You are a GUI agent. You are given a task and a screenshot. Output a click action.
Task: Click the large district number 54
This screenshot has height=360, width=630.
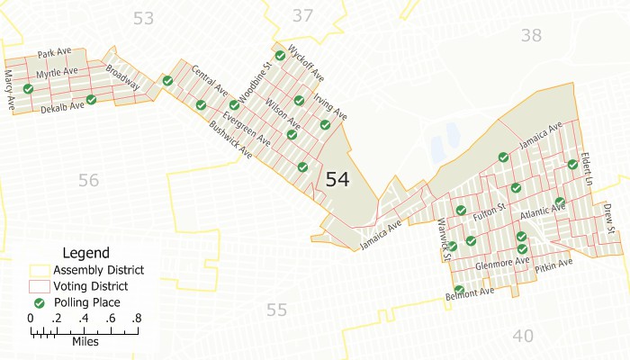coord(337,179)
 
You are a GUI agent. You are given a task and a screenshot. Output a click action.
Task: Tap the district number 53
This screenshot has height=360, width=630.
coord(143,17)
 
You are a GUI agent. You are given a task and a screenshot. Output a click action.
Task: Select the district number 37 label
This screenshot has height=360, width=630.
coord(303,14)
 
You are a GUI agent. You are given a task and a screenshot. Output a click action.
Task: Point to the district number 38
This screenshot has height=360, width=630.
coord(531,35)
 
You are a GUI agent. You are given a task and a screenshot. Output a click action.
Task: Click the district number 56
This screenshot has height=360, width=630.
coord(88,180)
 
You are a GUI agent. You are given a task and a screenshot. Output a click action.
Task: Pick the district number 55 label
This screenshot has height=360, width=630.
coord(276,310)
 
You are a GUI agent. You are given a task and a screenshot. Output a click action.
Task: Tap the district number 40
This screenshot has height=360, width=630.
coord(522,336)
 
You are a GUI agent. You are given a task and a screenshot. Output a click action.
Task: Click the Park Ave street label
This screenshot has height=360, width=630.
coord(53,54)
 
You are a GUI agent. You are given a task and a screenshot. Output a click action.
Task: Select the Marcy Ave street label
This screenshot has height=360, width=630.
coord(10,91)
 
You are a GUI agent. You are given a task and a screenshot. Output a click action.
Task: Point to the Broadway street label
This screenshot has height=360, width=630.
coord(122,76)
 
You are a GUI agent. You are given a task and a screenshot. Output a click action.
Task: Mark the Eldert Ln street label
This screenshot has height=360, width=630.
coord(589,168)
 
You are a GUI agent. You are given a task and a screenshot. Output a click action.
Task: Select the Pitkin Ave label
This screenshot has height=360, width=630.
coord(553,266)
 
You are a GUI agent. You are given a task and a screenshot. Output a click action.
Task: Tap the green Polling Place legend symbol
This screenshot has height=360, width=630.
coord(40,302)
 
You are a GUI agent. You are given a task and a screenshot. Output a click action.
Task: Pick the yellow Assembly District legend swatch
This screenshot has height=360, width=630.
coord(40,270)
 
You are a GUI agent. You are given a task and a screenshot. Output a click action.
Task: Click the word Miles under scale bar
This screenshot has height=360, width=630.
coord(85,342)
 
